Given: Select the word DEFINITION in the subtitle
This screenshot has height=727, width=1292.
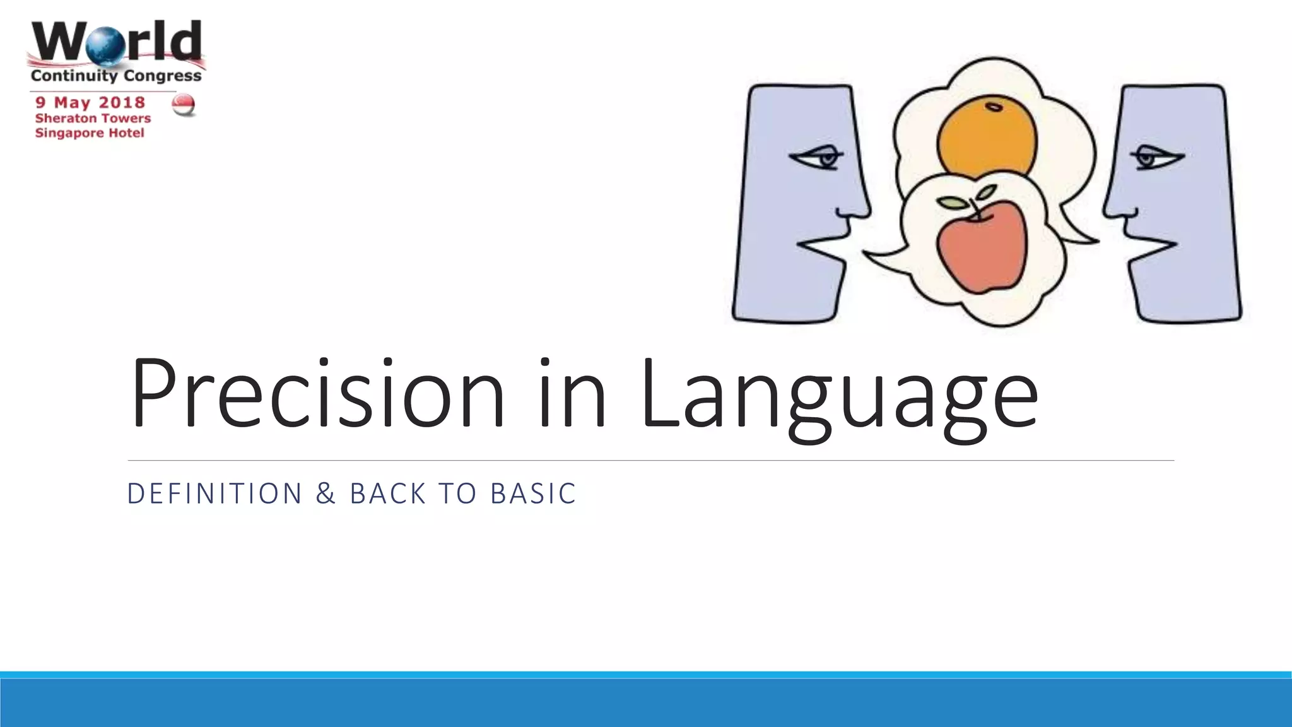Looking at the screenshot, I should (215, 494).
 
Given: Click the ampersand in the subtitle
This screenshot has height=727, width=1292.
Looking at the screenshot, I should (326, 494).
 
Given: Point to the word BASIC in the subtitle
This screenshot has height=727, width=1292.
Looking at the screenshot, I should (533, 494).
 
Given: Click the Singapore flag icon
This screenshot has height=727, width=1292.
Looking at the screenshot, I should (184, 105).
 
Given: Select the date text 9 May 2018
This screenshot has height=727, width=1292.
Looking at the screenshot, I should (90, 102).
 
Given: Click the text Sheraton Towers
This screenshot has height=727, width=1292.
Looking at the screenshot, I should (93, 118).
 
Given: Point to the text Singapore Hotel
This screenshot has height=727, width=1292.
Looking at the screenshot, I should (90, 133).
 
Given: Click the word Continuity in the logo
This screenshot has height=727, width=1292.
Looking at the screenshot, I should (74, 76).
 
